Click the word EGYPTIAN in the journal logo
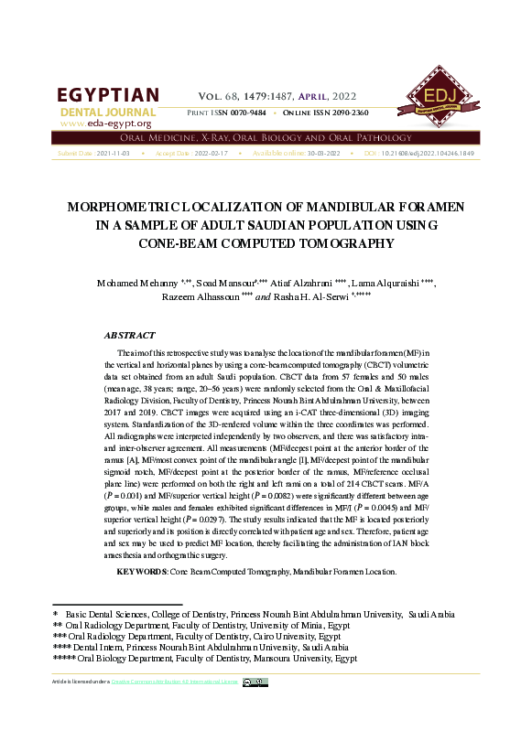coord(107,96)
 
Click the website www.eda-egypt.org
coord(105,124)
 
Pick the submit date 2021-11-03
coord(113,154)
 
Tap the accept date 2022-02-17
coord(212,154)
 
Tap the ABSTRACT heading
coord(129,336)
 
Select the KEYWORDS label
coord(141,571)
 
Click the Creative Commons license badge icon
coord(255,682)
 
